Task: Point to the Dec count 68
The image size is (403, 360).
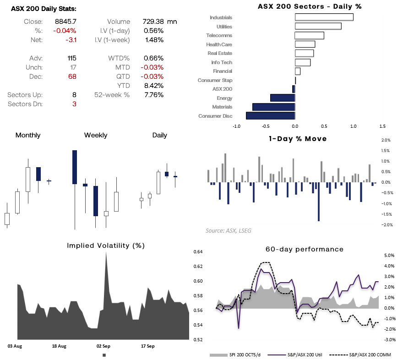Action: tap(72, 76)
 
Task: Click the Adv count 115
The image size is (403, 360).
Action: tap(71, 58)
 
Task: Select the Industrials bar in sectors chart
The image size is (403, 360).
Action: tap(324, 17)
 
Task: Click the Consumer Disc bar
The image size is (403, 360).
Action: tap(270, 116)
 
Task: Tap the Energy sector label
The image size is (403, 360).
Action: tap(224, 98)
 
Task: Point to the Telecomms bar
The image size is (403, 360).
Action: tap(309, 35)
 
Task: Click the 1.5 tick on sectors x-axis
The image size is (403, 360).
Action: tap(382, 126)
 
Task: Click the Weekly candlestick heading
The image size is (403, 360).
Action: tap(96, 135)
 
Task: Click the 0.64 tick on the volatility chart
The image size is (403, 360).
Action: tap(198, 251)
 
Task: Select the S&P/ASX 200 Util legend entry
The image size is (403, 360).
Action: tap(306, 355)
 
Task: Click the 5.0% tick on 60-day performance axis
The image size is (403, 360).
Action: tap(389, 255)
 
